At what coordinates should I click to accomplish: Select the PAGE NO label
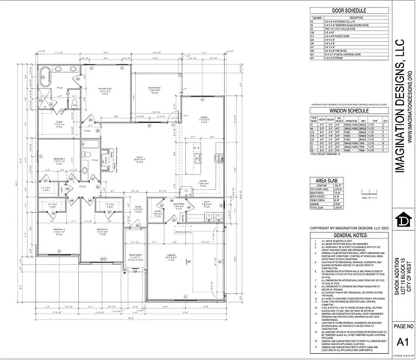[x=402, y=325]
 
